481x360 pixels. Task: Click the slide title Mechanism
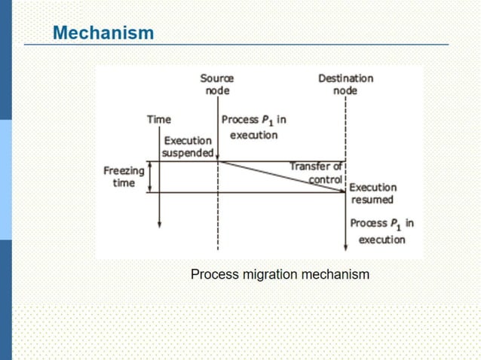pyautogui.click(x=103, y=33)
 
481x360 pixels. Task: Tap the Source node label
pyautogui.click(x=217, y=84)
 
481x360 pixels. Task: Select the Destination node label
pyautogui.click(x=345, y=84)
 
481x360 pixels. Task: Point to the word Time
pyautogui.click(x=158, y=119)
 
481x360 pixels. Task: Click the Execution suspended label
pyautogui.click(x=188, y=147)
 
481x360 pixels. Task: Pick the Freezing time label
pyautogui.click(x=124, y=177)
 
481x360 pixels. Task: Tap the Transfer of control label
pyautogui.click(x=317, y=172)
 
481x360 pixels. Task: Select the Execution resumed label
pyautogui.click(x=372, y=194)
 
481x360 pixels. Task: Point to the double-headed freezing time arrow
pyautogui.click(x=150, y=177)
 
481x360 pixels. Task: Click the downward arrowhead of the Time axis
pyautogui.click(x=160, y=224)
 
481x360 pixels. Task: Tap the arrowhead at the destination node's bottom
pyautogui.click(x=345, y=246)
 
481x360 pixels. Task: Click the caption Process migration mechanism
pyautogui.click(x=280, y=274)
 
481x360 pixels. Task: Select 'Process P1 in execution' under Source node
pyautogui.click(x=253, y=127)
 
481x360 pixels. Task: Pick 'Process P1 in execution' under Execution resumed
pyautogui.click(x=381, y=231)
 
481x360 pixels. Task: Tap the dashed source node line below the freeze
pyautogui.click(x=218, y=222)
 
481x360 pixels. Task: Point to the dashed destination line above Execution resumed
pyautogui.click(x=345, y=136)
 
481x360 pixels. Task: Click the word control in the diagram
pyautogui.click(x=325, y=180)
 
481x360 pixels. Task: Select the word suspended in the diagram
pyautogui.click(x=188, y=153)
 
